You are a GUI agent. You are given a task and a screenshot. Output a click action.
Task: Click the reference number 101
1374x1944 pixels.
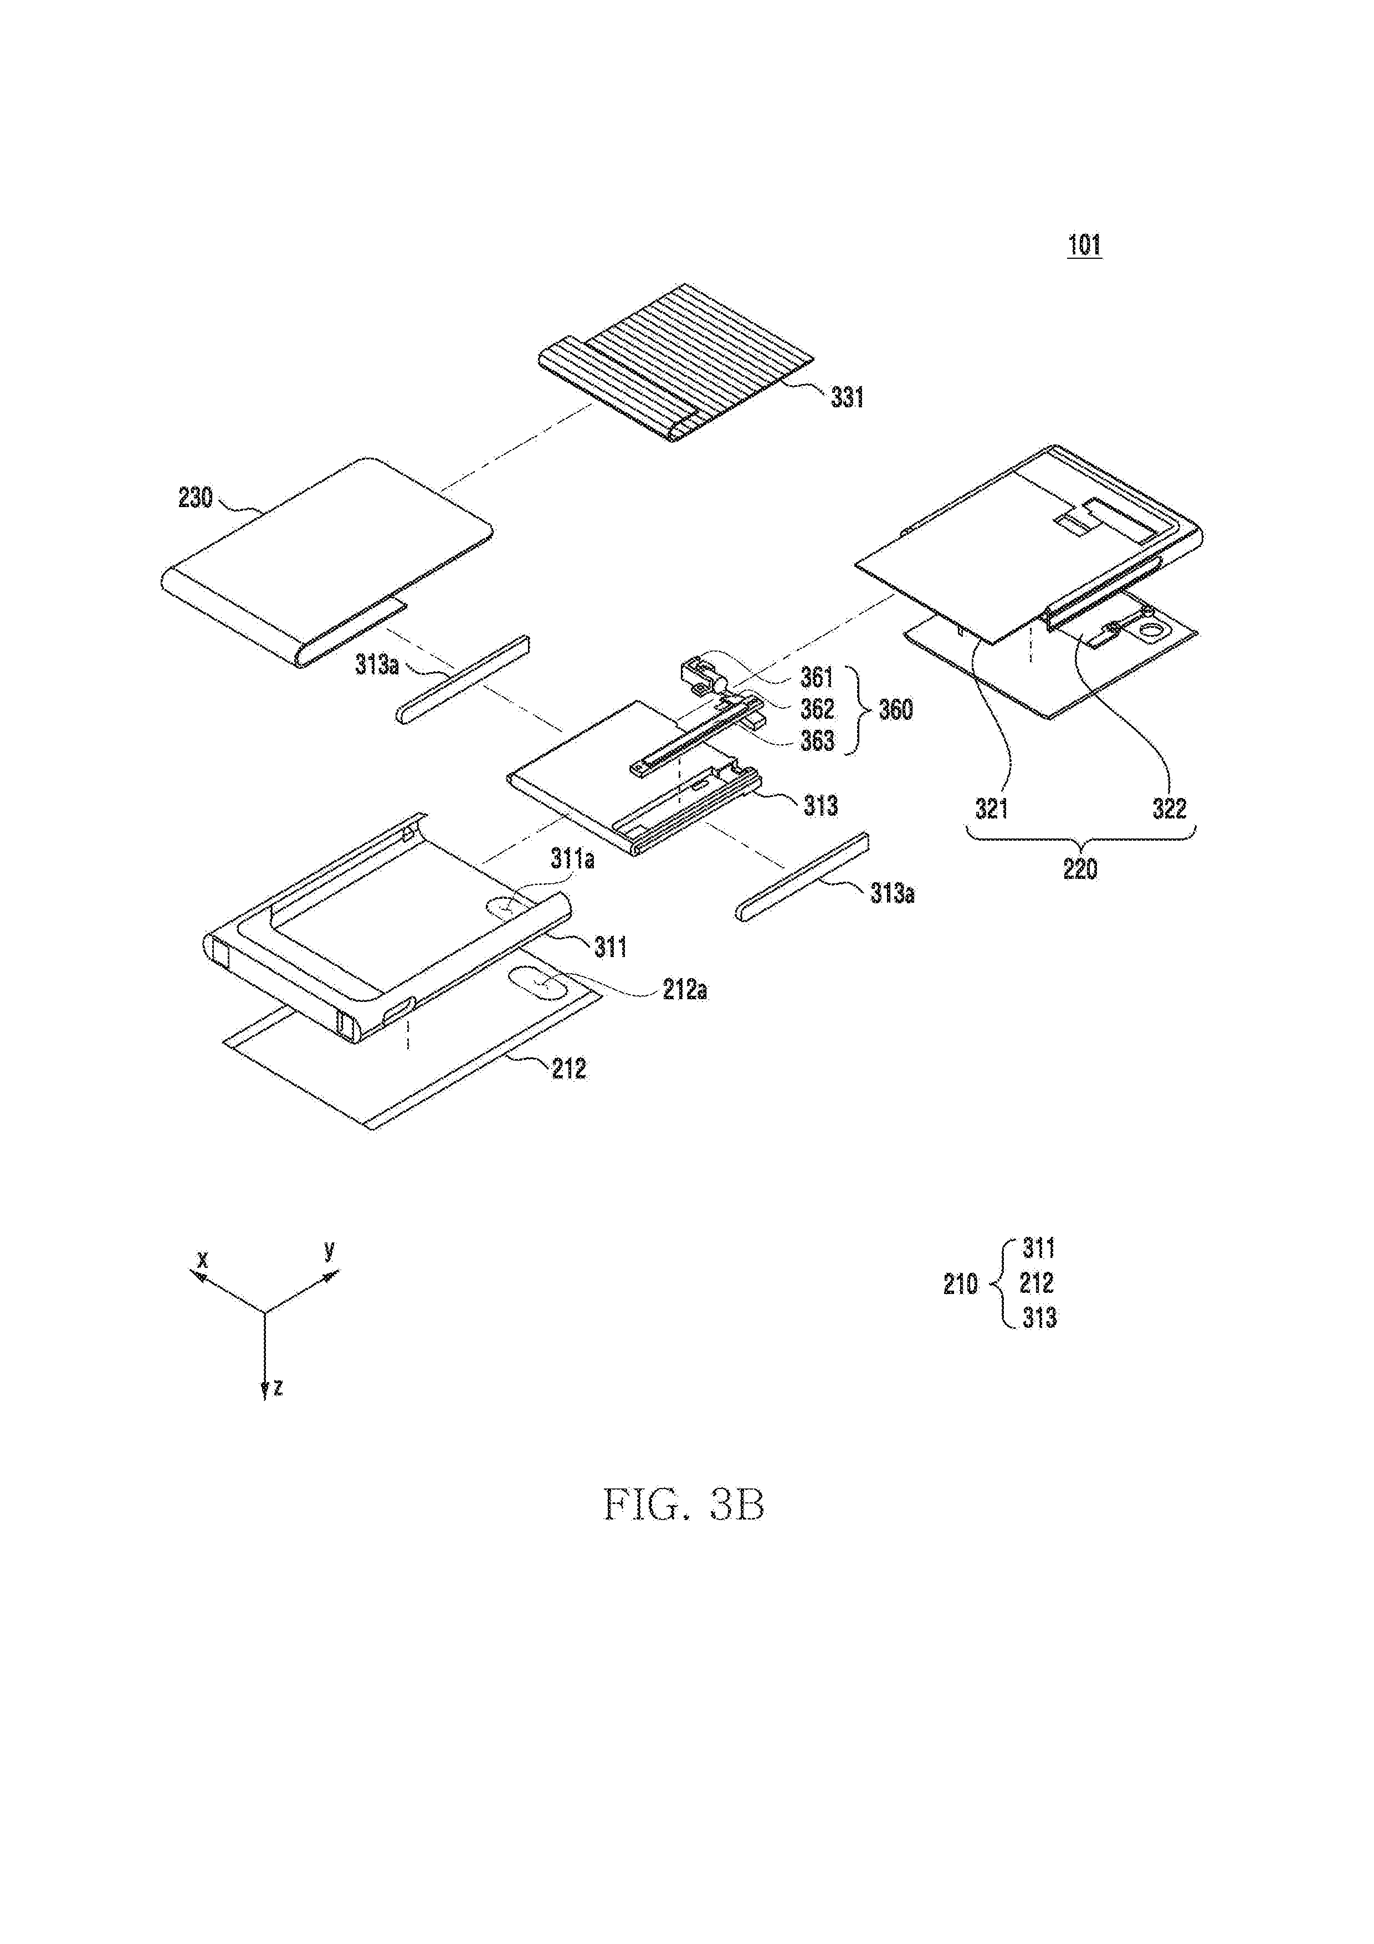1084,245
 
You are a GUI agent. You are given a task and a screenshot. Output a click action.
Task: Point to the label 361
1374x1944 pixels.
817,677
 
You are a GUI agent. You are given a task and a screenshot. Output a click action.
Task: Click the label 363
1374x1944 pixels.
818,741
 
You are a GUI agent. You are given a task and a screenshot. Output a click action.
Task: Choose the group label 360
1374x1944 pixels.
896,709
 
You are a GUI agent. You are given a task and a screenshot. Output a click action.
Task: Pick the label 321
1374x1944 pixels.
991,809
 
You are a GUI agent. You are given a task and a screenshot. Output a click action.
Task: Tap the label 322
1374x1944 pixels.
1169,809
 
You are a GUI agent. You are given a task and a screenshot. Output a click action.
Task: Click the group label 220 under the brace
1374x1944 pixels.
1080,869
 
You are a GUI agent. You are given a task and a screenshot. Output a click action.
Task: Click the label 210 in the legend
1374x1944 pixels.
961,1285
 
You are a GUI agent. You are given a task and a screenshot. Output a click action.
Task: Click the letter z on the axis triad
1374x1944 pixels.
278,1387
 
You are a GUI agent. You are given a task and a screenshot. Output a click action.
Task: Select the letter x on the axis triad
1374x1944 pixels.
202,1260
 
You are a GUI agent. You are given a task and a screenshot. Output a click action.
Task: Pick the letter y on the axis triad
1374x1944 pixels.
329,1249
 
